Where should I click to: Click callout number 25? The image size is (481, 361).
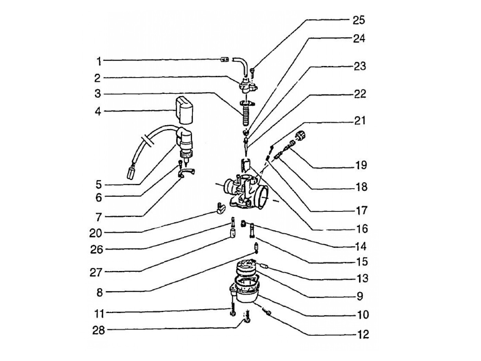coord(359,20)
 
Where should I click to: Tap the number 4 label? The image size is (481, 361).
coord(98,111)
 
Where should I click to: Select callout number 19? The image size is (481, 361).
coord(361,165)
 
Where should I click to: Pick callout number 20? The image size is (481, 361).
coord(96,233)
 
